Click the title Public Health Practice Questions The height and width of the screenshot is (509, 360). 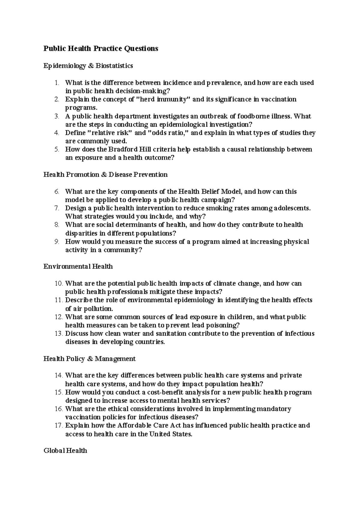pyautogui.click(x=100, y=49)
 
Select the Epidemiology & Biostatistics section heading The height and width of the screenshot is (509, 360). pyautogui.click(x=88, y=66)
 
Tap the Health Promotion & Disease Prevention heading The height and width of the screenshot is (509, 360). pyautogui.click(x=105, y=174)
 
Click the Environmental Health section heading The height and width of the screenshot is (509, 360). pyautogui.click(x=78, y=266)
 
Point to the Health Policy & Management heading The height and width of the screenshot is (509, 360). pyautogui.click(x=89, y=359)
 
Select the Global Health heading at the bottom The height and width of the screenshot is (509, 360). pyautogui.click(x=65, y=450)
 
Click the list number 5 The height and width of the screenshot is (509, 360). pyautogui.click(x=57, y=149)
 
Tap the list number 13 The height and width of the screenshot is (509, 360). pyautogui.click(x=58, y=333)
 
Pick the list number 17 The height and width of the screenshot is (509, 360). pyautogui.click(x=58, y=425)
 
